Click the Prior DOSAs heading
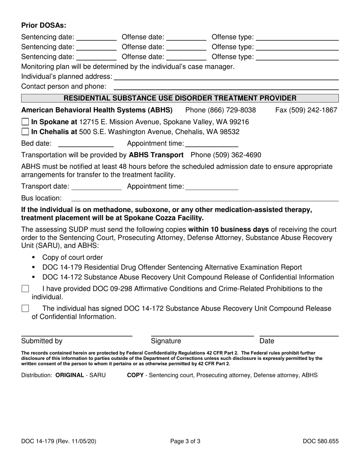coord(44,25)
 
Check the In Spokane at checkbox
coord(25,122)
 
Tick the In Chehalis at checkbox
coord(25,132)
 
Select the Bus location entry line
coord(205,199)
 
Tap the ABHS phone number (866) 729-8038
coord(221,110)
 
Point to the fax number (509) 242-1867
coord(306,110)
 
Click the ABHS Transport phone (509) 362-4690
coord(226,155)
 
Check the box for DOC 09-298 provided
coord(25,289)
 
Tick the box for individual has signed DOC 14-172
coord(25,309)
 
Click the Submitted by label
coord(42,341)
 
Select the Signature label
coord(166,341)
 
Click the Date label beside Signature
coord(267,341)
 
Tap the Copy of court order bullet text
coord(72,258)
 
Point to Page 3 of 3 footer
coord(185,441)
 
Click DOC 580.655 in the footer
coord(321,441)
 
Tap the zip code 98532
coord(229,132)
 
